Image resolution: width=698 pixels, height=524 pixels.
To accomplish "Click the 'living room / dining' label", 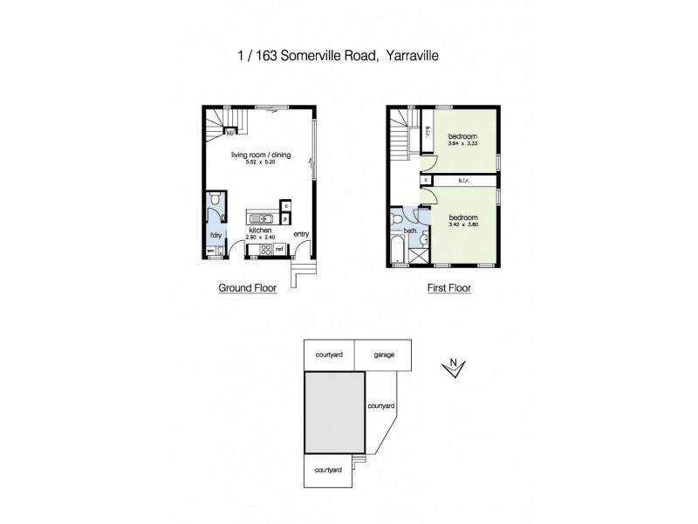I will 261,155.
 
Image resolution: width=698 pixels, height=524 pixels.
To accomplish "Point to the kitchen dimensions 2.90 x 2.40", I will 261,238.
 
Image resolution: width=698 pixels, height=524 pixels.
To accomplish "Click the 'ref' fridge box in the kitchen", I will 280,250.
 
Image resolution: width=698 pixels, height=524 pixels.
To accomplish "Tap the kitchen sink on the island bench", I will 269,217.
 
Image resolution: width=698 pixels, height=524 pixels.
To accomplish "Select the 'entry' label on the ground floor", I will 301,233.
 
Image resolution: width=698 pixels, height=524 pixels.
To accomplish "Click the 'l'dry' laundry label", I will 212,236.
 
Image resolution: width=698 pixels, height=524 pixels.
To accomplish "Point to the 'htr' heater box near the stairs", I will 229,134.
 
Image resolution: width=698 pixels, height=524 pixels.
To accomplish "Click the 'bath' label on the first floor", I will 409,231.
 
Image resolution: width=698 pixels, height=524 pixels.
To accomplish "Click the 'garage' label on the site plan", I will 384,355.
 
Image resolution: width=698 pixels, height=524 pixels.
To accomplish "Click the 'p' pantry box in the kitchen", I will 286,219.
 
